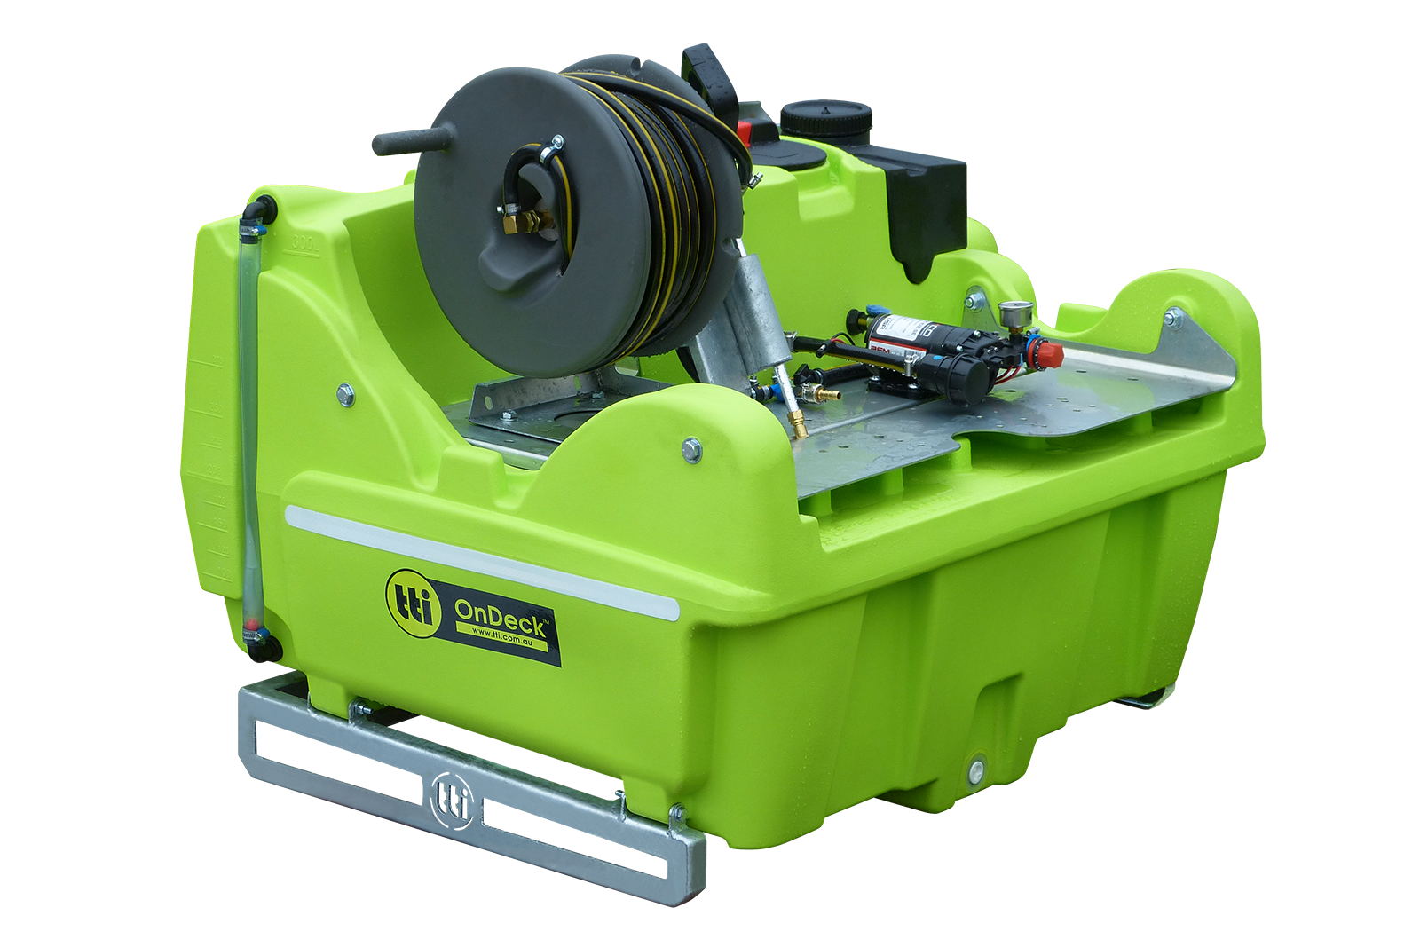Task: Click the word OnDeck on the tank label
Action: (x=502, y=614)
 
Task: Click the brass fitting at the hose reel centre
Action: (x=522, y=222)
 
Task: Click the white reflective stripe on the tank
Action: (x=479, y=559)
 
